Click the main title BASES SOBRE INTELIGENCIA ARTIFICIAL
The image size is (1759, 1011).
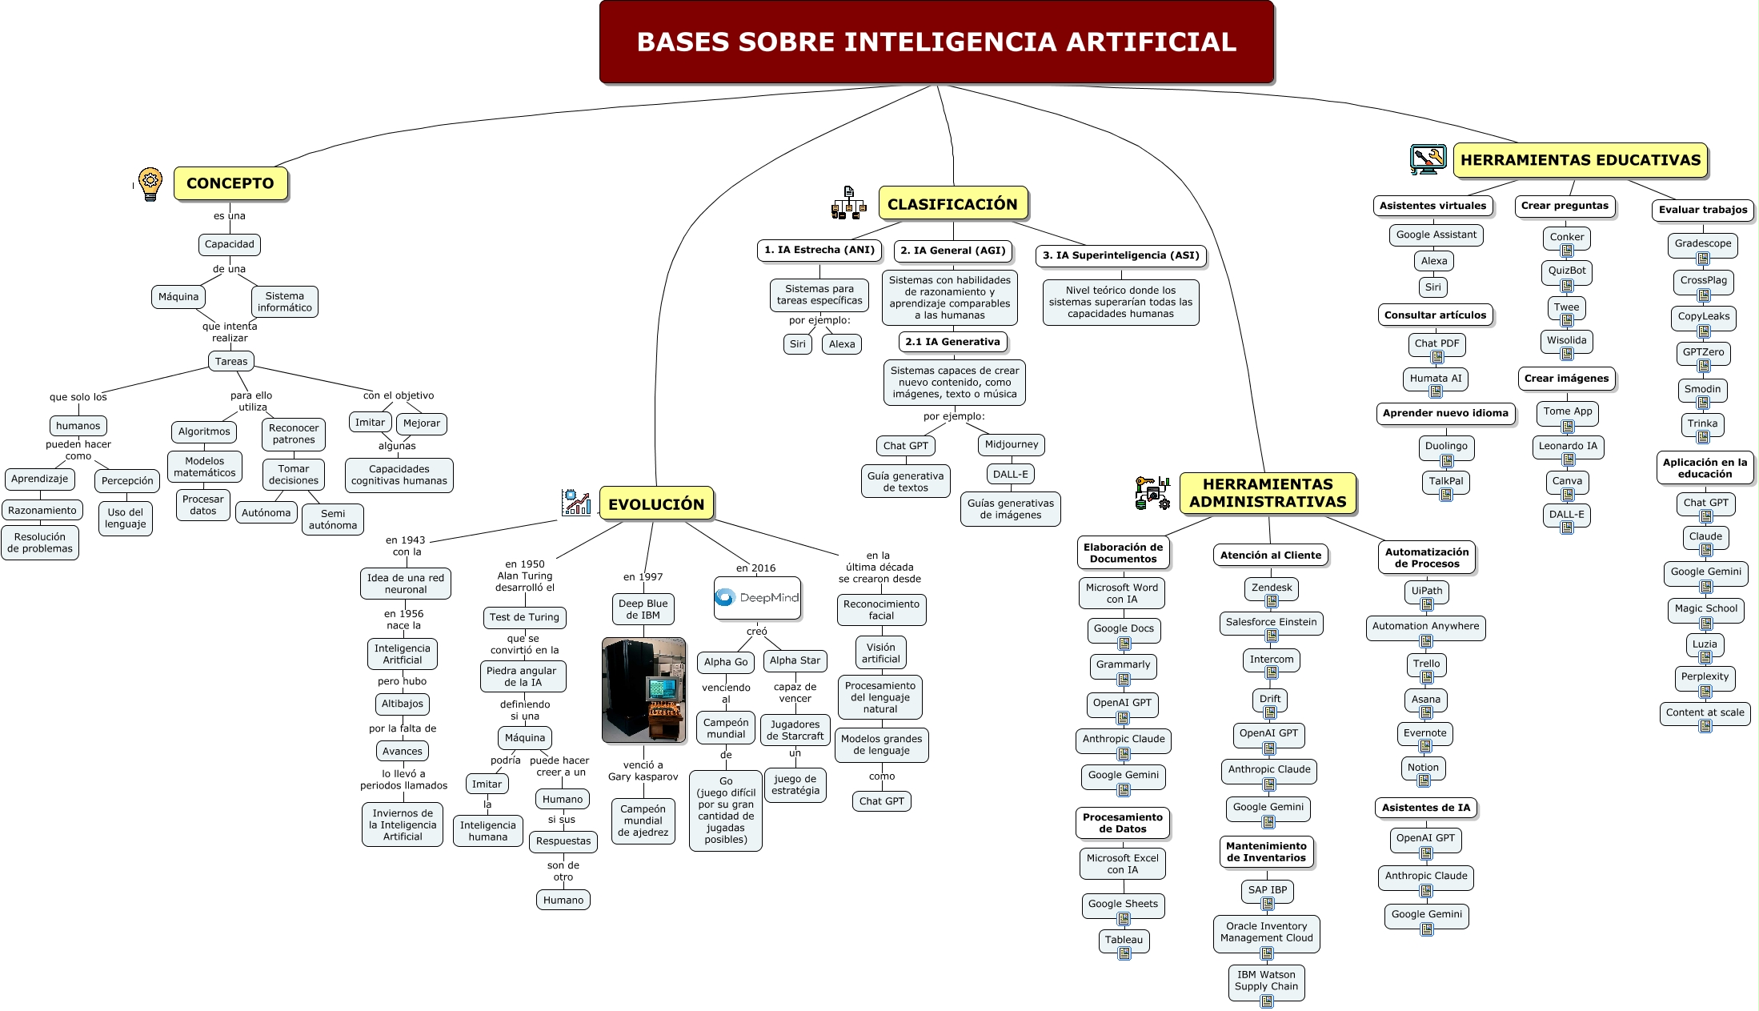point(936,42)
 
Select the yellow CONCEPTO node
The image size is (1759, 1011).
point(230,183)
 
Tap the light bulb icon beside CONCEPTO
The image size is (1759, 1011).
point(150,184)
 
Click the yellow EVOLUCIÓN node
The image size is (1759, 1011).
point(656,503)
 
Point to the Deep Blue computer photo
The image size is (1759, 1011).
point(643,690)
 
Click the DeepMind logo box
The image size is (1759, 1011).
point(757,598)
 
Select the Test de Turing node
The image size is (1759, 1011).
point(524,617)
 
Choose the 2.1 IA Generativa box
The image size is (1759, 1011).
point(952,342)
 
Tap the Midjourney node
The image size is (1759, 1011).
point(1012,444)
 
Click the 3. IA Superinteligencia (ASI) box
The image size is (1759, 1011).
point(1120,255)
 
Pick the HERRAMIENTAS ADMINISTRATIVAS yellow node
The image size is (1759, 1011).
point(1268,493)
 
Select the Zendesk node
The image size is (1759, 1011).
point(1272,588)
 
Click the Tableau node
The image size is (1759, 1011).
point(1124,941)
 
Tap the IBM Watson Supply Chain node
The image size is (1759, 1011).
point(1266,981)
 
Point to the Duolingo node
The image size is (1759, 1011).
point(1446,447)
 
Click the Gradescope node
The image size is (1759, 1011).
point(1703,244)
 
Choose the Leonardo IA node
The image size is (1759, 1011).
point(1568,447)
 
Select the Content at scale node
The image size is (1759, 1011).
point(1705,713)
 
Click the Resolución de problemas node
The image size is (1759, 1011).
point(40,543)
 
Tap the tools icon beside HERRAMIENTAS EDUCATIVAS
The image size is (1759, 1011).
point(1428,159)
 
